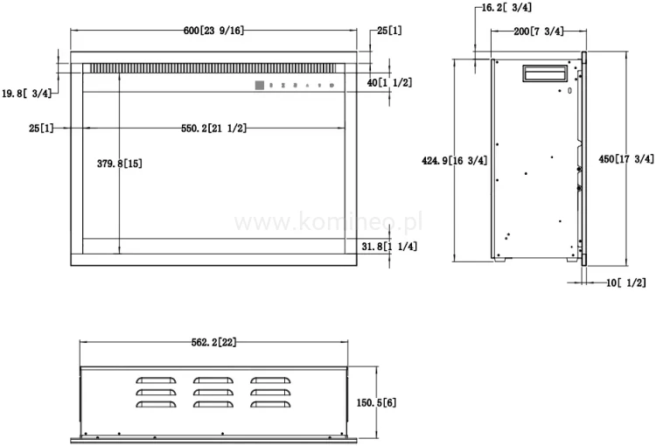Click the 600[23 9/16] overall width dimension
coord(213,31)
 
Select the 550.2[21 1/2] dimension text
coord(213,129)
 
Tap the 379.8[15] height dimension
coord(121,164)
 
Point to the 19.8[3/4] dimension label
coord(26,93)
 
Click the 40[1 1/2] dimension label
coord(389,82)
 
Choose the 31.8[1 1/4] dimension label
coord(389,247)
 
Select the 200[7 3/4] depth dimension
coord(538,31)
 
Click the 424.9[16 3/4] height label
coord(454,161)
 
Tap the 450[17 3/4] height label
coord(625,159)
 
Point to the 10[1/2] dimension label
coord(625,282)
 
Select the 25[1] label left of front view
coord(40,129)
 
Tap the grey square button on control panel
coord(259,85)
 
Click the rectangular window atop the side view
coord(544,74)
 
